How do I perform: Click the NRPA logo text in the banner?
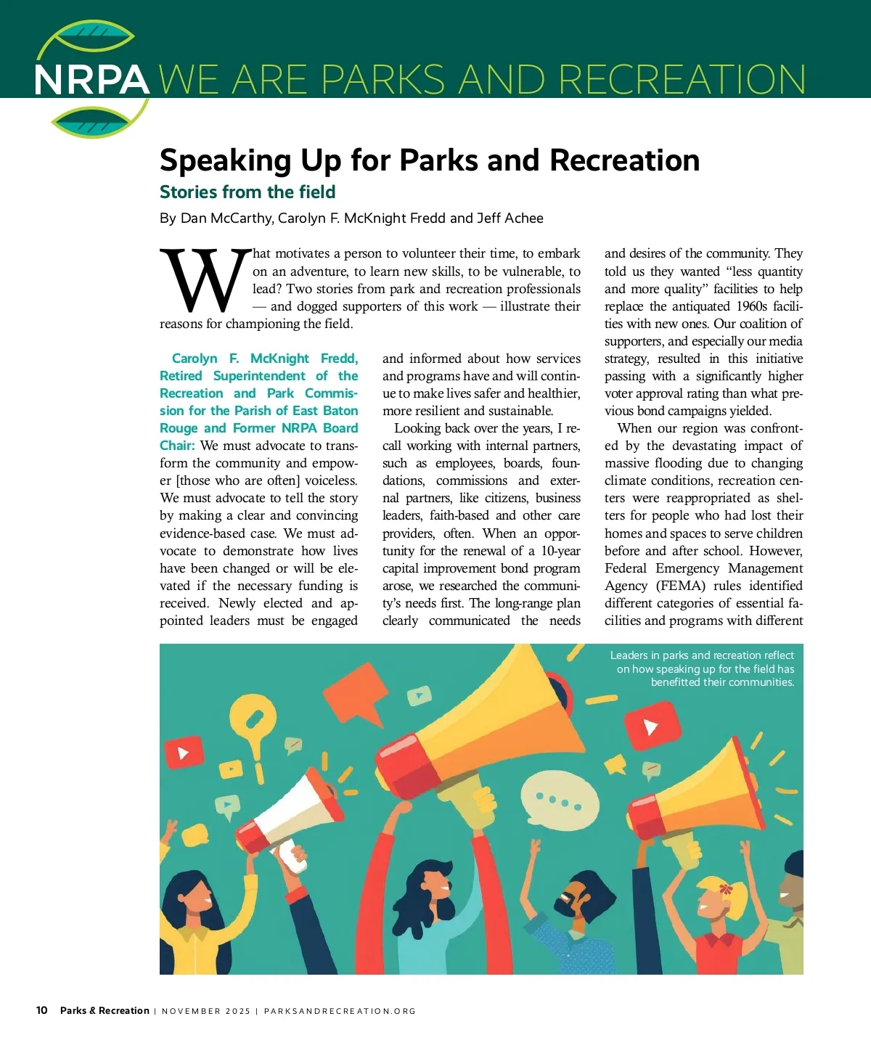[91, 80]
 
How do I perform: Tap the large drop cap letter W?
[205, 281]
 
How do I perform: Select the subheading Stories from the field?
[248, 192]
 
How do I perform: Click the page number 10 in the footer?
[42, 1010]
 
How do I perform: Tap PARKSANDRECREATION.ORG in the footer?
[340, 1011]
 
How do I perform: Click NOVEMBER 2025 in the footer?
[206, 1011]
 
